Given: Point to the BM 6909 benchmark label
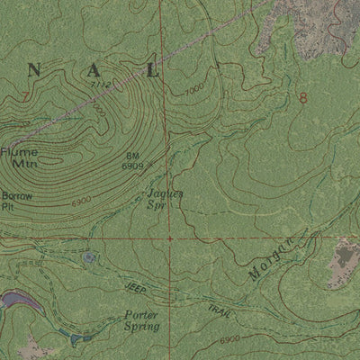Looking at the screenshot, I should pos(133,162).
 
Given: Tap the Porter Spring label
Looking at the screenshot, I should pos(141,321).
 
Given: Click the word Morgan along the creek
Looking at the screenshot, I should pos(274,256).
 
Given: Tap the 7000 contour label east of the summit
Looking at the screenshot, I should pos(193,90).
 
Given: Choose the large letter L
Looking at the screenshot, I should pos(152,71).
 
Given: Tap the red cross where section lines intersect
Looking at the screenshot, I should pos(168,238).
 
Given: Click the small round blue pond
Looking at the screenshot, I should pos(88,258).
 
